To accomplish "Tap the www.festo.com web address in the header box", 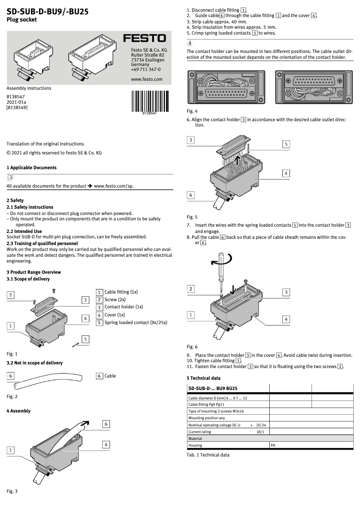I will pyautogui.click(x=146, y=79).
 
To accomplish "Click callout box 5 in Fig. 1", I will pyautogui.click(x=84, y=339).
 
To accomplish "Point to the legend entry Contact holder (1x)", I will pyautogui.click(x=123, y=307).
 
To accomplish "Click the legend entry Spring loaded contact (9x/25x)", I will pyautogui.click(x=136, y=322).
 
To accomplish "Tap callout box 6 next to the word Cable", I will pyautogui.click(x=100, y=376).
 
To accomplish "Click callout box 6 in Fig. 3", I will pyautogui.click(x=106, y=424).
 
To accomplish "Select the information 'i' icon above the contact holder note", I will pyautogui.click(x=190, y=44).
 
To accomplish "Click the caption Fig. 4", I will pyautogui.click(x=192, y=111).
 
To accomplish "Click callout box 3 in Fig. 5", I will pyautogui.click(x=191, y=140).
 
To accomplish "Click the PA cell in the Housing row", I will pyautogui.click(x=273, y=445).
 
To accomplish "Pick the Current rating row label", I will pyautogui.click(x=199, y=432).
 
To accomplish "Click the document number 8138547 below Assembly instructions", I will pyautogui.click(x=16, y=97).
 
